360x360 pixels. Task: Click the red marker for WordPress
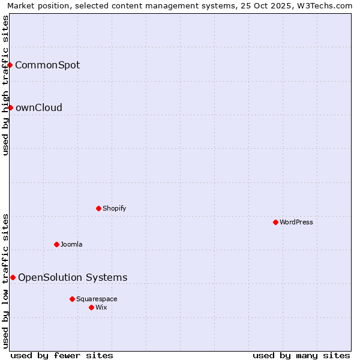coord(275,222)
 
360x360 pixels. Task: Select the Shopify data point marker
coord(98,208)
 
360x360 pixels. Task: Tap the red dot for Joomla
coord(56,244)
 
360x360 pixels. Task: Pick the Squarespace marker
coord(72,299)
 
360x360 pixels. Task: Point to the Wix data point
coord(91,307)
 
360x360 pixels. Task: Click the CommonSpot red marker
coord(10,65)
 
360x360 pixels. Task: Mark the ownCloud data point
coord(10,107)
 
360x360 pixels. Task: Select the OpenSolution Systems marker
coord(13,277)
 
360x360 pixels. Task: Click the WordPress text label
coord(296,222)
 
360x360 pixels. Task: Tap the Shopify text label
coord(114,208)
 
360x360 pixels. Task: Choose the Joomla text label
coord(71,244)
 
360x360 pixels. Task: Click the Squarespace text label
coord(97,299)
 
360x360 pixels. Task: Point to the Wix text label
coord(101,307)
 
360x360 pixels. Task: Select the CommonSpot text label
coord(47,65)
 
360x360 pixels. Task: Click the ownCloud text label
coord(38,107)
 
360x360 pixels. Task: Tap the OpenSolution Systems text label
coord(73,277)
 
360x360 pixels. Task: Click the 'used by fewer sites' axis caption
coord(62,355)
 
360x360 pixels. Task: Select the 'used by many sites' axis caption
coord(301,355)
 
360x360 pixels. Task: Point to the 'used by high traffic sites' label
coord(5,85)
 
